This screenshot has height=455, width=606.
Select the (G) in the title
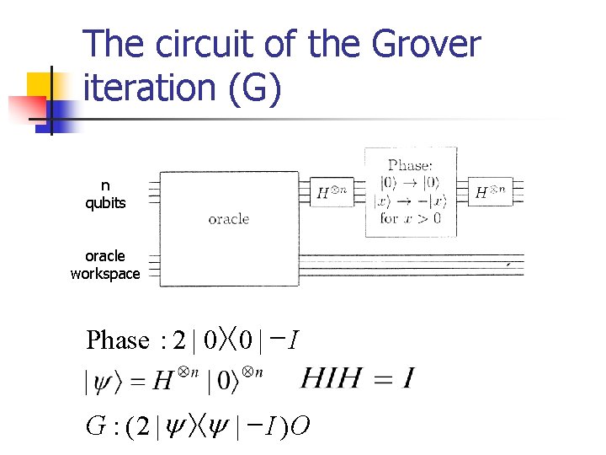(249, 88)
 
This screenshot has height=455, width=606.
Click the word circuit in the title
(204, 45)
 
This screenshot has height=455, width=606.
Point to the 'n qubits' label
(105, 194)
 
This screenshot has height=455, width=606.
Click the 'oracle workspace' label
(105, 265)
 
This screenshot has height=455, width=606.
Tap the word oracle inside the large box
(228, 219)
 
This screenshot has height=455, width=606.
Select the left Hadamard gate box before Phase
(332, 192)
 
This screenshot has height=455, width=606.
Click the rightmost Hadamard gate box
(492, 192)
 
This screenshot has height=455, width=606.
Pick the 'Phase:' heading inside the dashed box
(410, 165)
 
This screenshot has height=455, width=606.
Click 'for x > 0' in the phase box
(410, 218)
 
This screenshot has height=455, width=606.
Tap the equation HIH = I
(357, 377)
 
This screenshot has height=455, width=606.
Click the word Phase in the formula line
(118, 340)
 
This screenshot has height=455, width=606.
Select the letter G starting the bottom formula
(95, 427)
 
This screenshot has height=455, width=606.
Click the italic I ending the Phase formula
(289, 340)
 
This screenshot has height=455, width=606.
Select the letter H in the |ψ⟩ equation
(163, 382)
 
